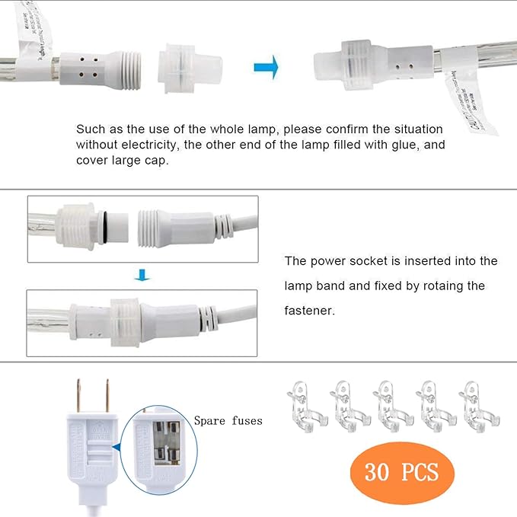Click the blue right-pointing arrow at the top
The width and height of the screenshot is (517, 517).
coord(266,67)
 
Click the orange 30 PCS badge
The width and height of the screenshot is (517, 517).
coord(403,472)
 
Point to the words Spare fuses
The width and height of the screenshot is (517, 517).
coord(228,420)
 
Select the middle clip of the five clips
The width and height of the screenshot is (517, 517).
coord(391,404)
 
